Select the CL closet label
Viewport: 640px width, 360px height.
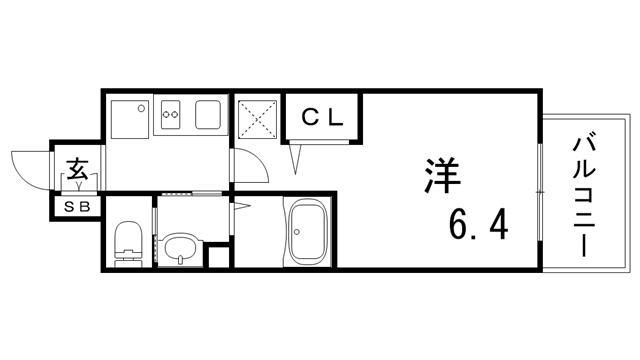323,115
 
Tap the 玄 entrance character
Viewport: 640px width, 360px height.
78,169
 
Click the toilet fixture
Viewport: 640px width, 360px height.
127,244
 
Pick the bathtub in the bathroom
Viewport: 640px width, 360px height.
309,234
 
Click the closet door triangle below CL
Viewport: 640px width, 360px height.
297,157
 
